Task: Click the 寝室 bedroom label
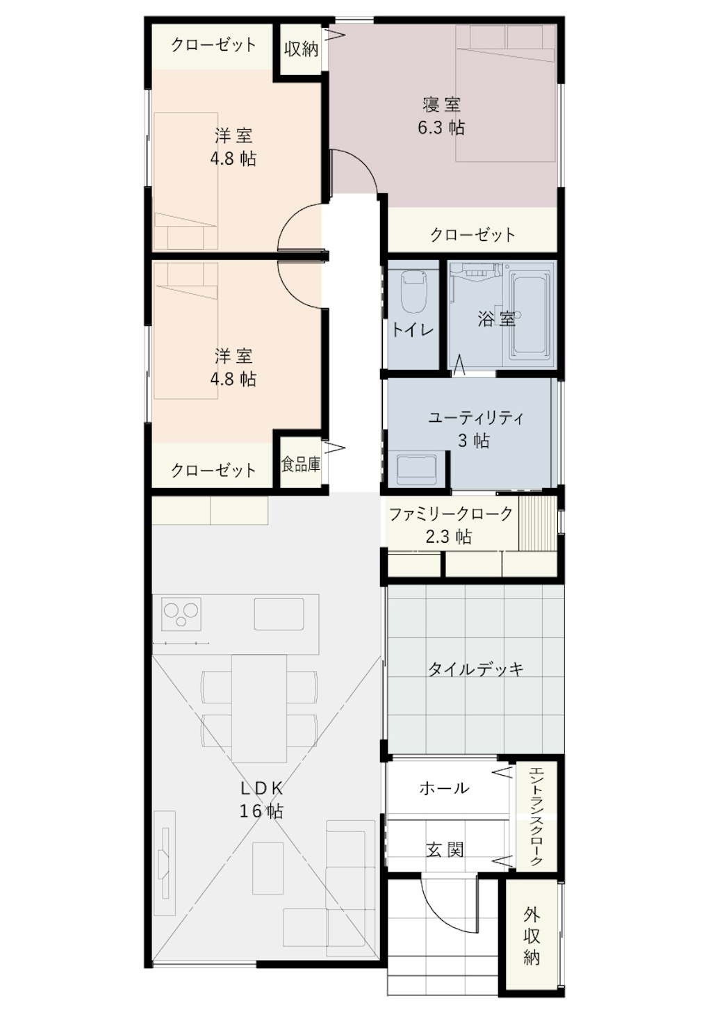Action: pyautogui.click(x=441, y=105)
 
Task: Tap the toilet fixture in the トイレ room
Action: pyautogui.click(x=413, y=291)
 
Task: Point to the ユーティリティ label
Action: pyautogui.click(x=475, y=418)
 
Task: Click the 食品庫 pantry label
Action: pyautogui.click(x=301, y=464)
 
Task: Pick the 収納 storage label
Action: pyautogui.click(x=302, y=49)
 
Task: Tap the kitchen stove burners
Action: pyautogui.click(x=181, y=613)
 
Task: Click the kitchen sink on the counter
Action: pyautogui.click(x=279, y=613)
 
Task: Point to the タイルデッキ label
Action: pyautogui.click(x=475, y=669)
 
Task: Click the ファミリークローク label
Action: pyautogui.click(x=451, y=514)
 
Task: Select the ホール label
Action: pyautogui.click(x=445, y=788)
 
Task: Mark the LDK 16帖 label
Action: pyautogui.click(x=261, y=799)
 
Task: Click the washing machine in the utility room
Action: pyautogui.click(x=416, y=469)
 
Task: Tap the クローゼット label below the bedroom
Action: pyautogui.click(x=472, y=234)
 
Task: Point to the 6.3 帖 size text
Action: pyautogui.click(x=441, y=128)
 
